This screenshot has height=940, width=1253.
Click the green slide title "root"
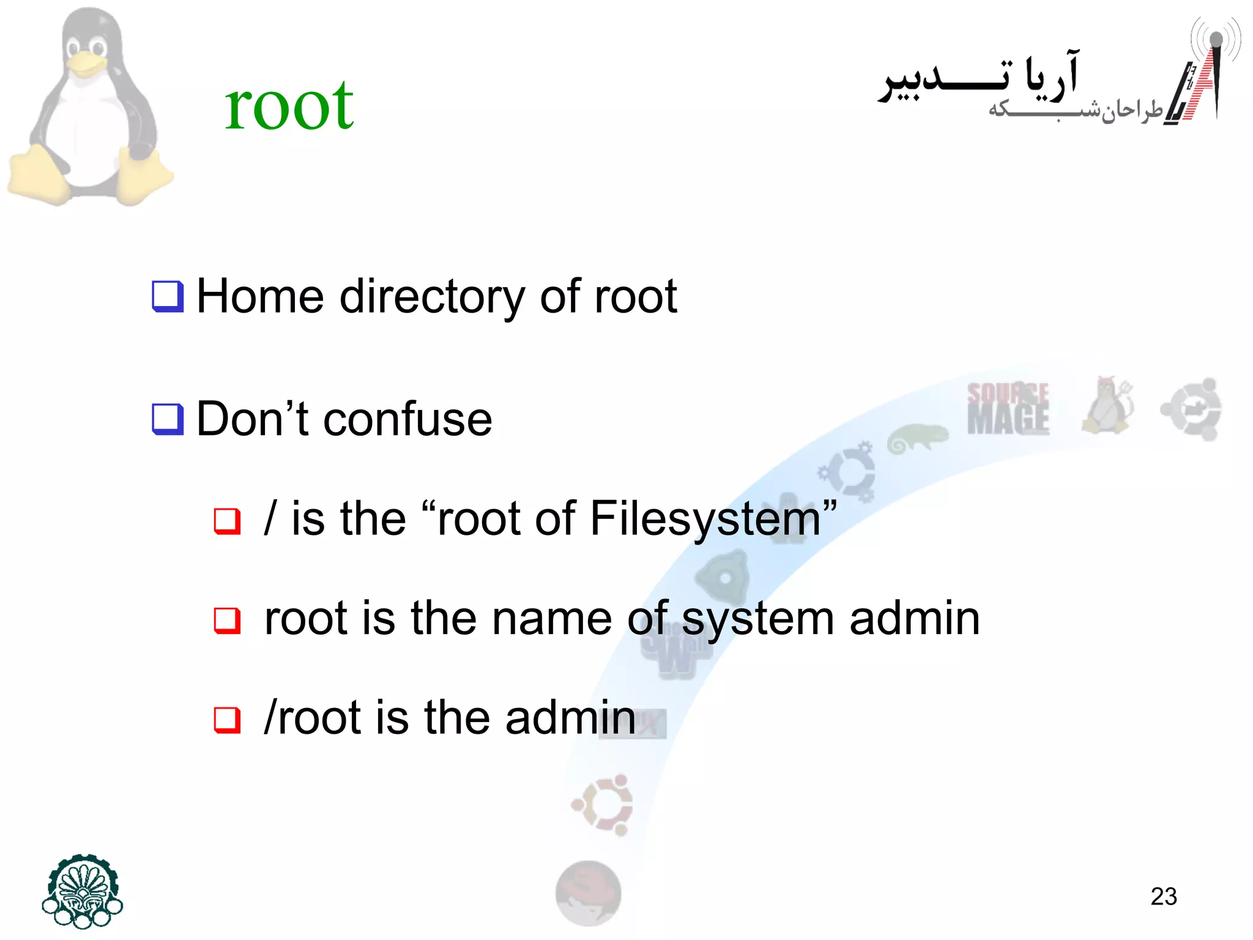click(289, 105)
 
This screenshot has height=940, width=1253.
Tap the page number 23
click(1163, 897)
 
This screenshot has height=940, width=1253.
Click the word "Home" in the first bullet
click(260, 297)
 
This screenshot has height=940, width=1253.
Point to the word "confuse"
click(407, 420)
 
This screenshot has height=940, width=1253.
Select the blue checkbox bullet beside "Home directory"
click(168, 297)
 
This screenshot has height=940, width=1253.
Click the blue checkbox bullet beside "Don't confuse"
click(168, 420)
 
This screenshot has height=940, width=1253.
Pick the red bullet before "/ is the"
click(227, 521)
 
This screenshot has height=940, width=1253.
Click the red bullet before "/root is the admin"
click(227, 720)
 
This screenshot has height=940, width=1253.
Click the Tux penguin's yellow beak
click(86, 64)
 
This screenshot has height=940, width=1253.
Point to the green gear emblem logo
click(83, 890)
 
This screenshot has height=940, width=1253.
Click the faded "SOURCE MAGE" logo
click(1008, 409)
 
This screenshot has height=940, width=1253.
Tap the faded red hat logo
click(588, 892)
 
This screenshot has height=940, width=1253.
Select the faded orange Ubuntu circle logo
click(603, 805)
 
